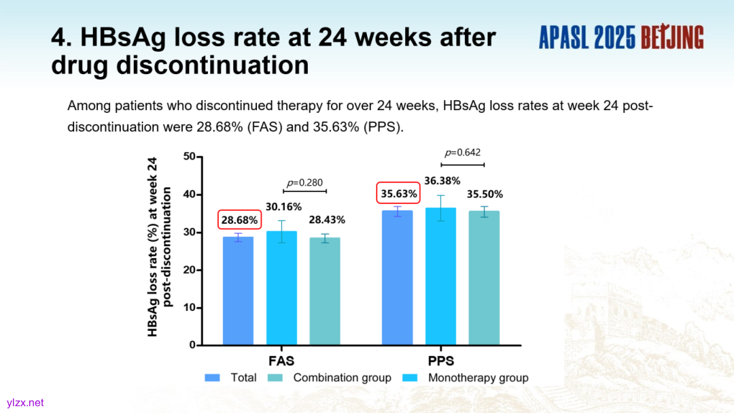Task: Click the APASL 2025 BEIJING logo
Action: coord(621,37)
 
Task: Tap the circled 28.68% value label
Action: coord(239,220)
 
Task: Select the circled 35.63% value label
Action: coord(398,193)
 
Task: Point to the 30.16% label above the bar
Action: coord(283,207)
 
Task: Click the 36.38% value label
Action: coord(442,181)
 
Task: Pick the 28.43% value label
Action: coord(327,220)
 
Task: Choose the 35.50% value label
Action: coord(485,194)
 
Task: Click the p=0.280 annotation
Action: coord(304,182)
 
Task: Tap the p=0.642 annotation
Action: coord(462,152)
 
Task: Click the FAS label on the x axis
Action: coord(281,361)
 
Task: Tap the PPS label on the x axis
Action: coord(441,361)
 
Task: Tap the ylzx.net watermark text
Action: coord(26,402)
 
